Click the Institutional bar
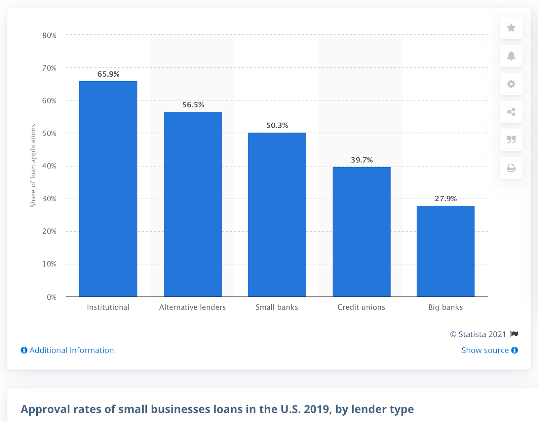click(x=108, y=189)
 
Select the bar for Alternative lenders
click(x=193, y=204)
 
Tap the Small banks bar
click(x=277, y=215)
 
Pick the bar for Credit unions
click(x=361, y=232)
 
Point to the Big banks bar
click(x=446, y=251)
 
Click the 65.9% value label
click(x=108, y=74)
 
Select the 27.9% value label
click(x=446, y=199)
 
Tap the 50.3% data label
click(x=277, y=126)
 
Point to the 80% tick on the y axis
click(x=49, y=36)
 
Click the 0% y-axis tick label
click(x=52, y=297)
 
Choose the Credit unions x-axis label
click(x=361, y=307)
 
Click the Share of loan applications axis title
click(x=33, y=166)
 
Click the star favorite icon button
click(x=511, y=28)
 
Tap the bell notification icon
click(x=511, y=56)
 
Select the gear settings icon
click(x=511, y=84)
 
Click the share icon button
click(x=511, y=112)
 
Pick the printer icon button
click(x=511, y=168)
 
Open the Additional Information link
click(x=68, y=350)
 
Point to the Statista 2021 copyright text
click(x=478, y=334)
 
